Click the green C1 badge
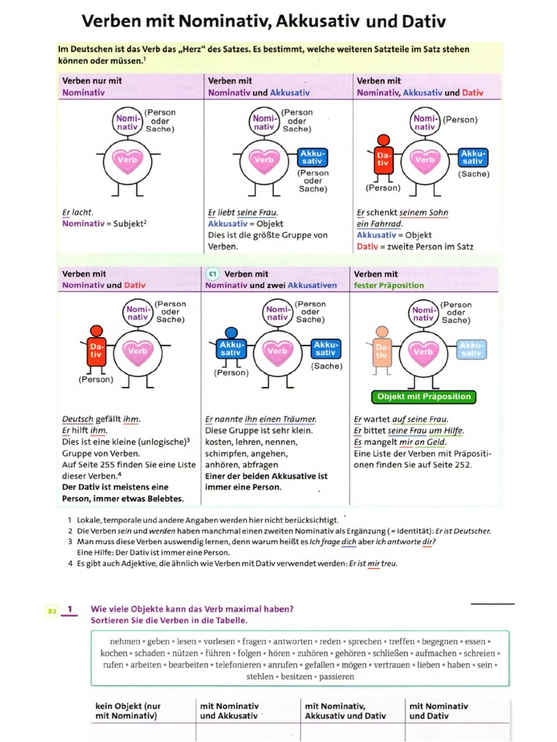pyautogui.click(x=213, y=274)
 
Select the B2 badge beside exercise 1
pyautogui.click(x=52, y=611)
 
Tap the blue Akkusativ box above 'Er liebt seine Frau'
pyautogui.click(x=313, y=157)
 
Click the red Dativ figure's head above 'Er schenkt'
pyautogui.click(x=384, y=140)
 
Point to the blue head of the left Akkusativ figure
pyautogui.click(x=231, y=333)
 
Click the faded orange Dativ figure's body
pyautogui.click(x=382, y=353)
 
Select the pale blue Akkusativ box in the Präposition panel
pyautogui.click(x=471, y=349)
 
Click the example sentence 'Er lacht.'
pyautogui.click(x=78, y=213)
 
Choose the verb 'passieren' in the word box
pyautogui.click(x=334, y=676)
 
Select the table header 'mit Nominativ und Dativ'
pyautogui.click(x=439, y=711)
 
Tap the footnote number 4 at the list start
pyautogui.click(x=70, y=563)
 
